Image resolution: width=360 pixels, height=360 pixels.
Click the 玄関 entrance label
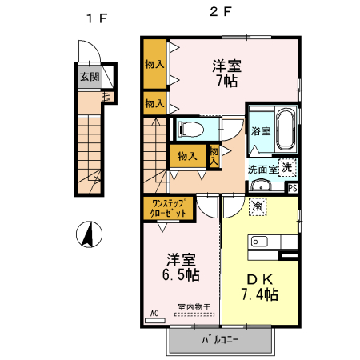[x=89, y=78]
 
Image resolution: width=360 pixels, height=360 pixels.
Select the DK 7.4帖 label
[x=260, y=286]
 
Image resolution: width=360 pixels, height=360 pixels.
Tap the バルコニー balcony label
[x=220, y=340]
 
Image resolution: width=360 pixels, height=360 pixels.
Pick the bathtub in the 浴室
[x=286, y=130]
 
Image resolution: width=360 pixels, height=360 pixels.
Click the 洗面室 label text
[x=262, y=169]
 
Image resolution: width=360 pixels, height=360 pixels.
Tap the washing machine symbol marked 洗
[x=286, y=167]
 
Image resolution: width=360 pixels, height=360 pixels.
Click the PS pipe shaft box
[x=292, y=188]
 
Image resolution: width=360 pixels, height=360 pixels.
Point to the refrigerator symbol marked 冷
[x=258, y=206]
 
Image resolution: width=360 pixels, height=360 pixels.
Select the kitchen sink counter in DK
[x=264, y=242]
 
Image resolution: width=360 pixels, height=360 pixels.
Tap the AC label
[x=154, y=314]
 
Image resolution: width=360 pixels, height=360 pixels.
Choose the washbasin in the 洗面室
[x=259, y=187]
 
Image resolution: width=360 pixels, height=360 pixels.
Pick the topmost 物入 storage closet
[x=154, y=63]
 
